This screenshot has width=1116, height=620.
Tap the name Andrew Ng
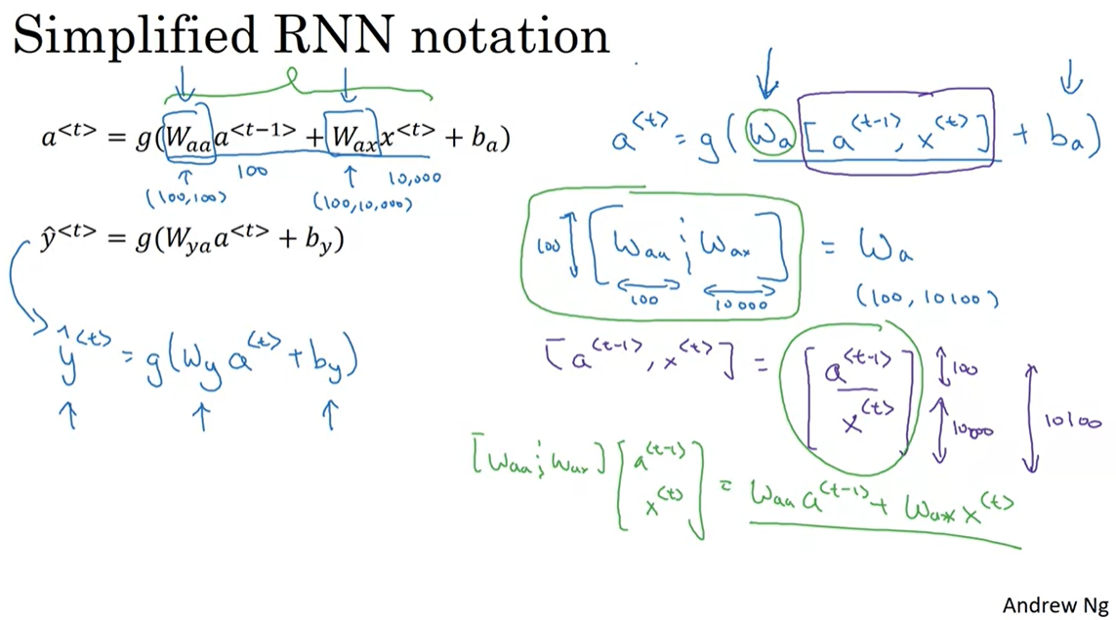click(x=1054, y=604)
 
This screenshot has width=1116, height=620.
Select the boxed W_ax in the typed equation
click(x=351, y=138)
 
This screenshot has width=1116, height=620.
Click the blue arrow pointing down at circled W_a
click(x=767, y=78)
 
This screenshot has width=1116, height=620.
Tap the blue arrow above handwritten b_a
click(x=1071, y=76)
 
